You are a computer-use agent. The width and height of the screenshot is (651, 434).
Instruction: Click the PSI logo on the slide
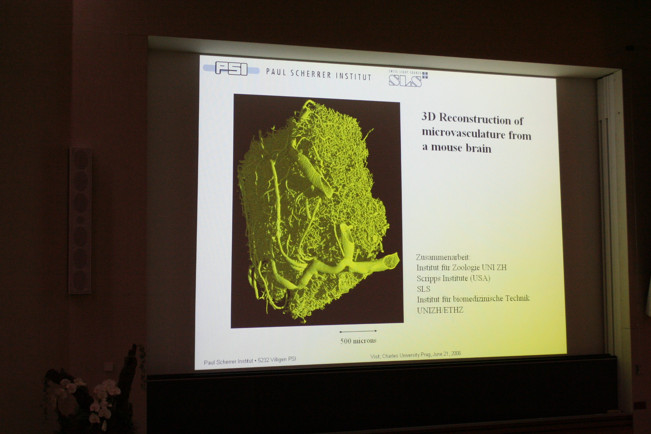[x=231, y=68]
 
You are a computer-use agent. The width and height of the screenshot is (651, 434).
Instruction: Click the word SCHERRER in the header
[x=311, y=74]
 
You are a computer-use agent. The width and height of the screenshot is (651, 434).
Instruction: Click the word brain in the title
[x=478, y=148]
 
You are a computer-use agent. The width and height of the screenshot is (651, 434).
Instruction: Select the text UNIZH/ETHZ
[x=440, y=310]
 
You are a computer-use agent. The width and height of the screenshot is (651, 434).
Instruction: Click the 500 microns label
[x=358, y=341]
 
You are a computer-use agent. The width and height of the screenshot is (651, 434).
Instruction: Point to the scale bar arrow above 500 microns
[x=358, y=331]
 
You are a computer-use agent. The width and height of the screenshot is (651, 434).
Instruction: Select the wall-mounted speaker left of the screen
[x=80, y=220]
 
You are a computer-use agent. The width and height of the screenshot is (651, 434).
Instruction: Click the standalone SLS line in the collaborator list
[x=424, y=289]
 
